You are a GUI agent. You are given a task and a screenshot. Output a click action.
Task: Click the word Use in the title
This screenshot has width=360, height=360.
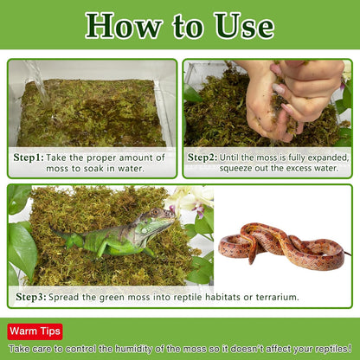point(244,26)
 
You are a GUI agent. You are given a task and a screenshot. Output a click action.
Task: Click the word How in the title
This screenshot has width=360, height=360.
point(124,26)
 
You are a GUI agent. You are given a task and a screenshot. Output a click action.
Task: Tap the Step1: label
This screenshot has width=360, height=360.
point(29,157)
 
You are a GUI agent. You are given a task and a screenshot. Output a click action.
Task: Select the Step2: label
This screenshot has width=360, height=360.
point(202,157)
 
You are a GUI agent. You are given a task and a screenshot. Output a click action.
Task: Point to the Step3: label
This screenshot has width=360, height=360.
point(31,297)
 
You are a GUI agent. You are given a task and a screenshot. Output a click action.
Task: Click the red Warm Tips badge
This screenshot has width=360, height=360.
point(35,331)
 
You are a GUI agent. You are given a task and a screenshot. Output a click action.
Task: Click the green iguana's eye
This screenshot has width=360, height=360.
point(156,213)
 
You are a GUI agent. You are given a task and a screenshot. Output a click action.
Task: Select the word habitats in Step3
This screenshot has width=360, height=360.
point(222,297)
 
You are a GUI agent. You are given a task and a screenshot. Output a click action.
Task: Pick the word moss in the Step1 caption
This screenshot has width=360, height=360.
point(57,169)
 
